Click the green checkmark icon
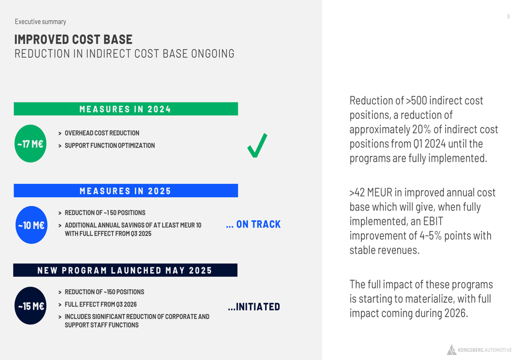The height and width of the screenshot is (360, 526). click(x=257, y=146)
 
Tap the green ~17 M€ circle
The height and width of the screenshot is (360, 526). click(x=31, y=143)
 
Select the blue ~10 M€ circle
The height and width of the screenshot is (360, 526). click(x=32, y=225)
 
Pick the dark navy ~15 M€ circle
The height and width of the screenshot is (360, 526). click(x=31, y=306)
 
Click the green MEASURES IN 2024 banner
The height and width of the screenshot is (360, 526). click(x=126, y=109)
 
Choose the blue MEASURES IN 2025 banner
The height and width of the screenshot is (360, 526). click(x=126, y=191)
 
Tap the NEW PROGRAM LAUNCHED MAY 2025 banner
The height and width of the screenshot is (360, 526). click(x=125, y=270)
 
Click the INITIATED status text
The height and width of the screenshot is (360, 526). click(x=254, y=307)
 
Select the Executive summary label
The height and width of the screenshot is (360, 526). click(x=41, y=22)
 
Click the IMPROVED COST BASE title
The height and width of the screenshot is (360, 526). click(x=73, y=39)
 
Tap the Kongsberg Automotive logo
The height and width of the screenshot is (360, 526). click(x=479, y=349)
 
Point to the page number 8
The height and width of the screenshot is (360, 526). click(x=509, y=16)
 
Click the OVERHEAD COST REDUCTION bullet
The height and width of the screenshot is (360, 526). click(x=102, y=133)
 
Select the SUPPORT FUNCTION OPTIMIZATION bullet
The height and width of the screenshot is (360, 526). click(x=110, y=146)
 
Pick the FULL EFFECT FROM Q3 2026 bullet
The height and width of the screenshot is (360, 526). click(x=100, y=304)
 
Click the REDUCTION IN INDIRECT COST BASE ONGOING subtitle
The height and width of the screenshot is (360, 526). click(x=125, y=54)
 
